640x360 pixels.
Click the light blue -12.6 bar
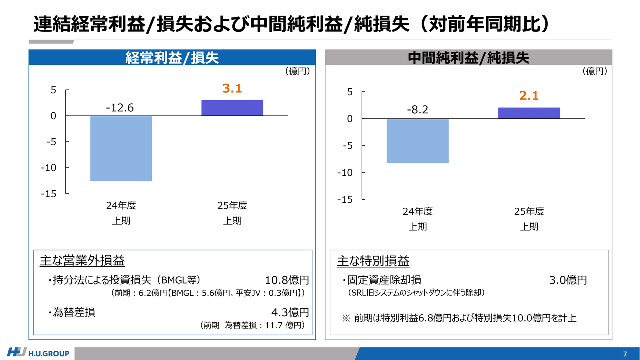pyautogui.click(x=121, y=148)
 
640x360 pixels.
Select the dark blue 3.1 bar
pyautogui.click(x=232, y=108)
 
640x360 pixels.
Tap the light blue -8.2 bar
pyautogui.click(x=418, y=141)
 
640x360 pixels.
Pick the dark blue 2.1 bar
pyautogui.click(x=529, y=113)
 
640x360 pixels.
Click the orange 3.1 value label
pyautogui.click(x=232, y=89)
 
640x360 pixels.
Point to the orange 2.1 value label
pyautogui.click(x=529, y=96)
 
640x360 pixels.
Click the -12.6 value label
pyautogui.click(x=120, y=108)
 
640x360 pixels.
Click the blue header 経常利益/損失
pyautogui.click(x=172, y=58)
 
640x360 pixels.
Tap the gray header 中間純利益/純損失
pyautogui.click(x=468, y=58)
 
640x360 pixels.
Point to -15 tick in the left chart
pyautogui.click(x=49, y=194)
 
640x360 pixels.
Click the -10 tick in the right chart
pyautogui.click(x=345, y=173)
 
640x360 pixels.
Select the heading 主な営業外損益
pyautogui.click(x=82, y=261)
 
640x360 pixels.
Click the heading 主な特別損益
pyautogui.click(x=373, y=261)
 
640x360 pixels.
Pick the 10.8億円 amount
pyautogui.click(x=287, y=280)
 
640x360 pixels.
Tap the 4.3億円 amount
pyautogui.click(x=290, y=313)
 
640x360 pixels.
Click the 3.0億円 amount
pyautogui.click(x=568, y=280)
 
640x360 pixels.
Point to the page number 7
pyautogui.click(x=625, y=354)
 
